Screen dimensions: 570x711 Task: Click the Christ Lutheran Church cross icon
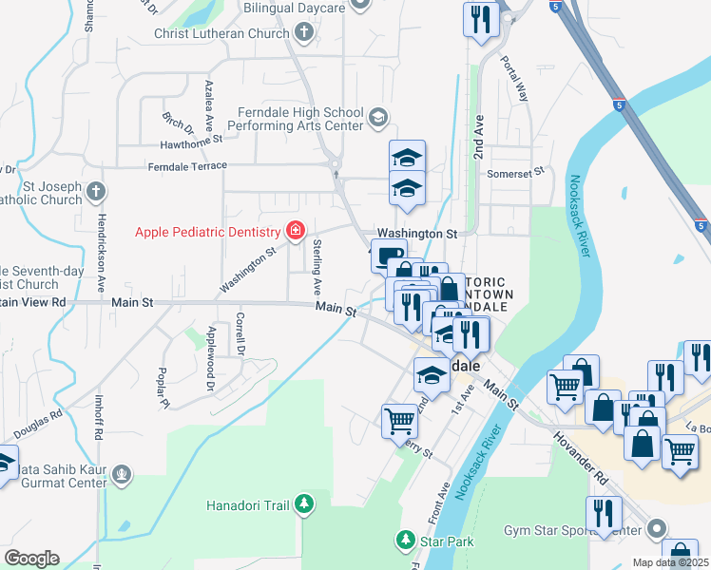tap(303, 34)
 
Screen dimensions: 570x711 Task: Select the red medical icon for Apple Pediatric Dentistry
tap(295, 231)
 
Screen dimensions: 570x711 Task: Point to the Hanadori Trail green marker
tap(303, 503)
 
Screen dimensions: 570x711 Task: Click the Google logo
tap(31, 558)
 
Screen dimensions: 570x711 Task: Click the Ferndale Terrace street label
tap(187, 166)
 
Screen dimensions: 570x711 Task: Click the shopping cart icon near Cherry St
tap(399, 419)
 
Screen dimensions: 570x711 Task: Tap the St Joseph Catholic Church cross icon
tap(95, 193)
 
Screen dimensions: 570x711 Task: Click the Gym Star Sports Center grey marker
tap(656, 527)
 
